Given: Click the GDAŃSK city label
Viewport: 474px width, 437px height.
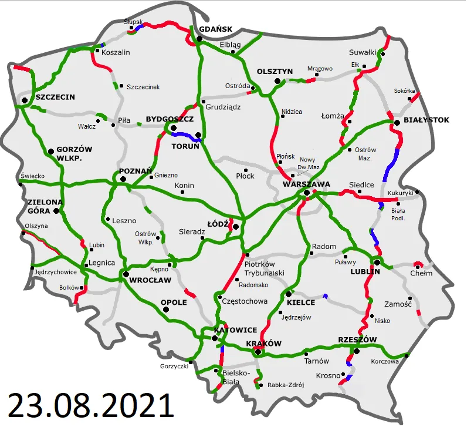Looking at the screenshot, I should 216,29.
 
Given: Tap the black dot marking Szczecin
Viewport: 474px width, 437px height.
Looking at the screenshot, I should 25,101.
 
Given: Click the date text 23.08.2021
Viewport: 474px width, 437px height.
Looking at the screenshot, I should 90,406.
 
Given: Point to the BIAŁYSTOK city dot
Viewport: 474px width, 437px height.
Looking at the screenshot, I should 397,122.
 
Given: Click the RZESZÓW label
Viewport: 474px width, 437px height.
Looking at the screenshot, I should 357,339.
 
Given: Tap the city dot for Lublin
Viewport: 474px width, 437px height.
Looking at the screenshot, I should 377,263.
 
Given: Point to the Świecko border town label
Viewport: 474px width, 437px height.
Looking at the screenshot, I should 33,176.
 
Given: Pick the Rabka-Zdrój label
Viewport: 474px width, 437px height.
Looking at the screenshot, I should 285,385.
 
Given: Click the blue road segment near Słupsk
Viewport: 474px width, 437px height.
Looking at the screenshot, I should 139,26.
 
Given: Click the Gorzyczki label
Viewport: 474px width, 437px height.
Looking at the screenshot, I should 174,367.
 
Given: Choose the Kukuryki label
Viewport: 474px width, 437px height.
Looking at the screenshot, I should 401,193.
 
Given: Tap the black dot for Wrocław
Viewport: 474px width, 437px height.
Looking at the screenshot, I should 126,274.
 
